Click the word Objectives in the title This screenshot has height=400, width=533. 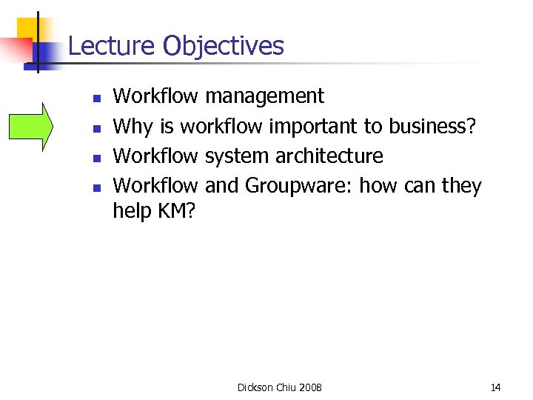pyautogui.click(x=223, y=46)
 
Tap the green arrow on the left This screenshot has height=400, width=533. pyautogui.click(x=31, y=126)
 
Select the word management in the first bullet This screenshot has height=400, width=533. pyautogui.click(x=264, y=96)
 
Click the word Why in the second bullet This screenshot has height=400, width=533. pyautogui.click(x=132, y=127)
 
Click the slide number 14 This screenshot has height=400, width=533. pyautogui.click(x=495, y=387)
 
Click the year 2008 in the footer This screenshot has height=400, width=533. pyautogui.click(x=311, y=387)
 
